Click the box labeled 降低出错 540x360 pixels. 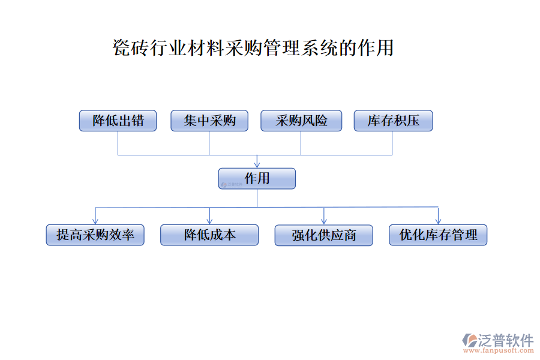pos(118,121)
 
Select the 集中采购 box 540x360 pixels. pos(209,121)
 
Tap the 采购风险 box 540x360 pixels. pos(301,121)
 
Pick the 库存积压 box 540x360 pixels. pos(393,121)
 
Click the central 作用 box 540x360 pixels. pos(257,178)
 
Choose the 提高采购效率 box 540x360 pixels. pos(95,235)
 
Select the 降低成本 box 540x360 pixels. pos(209,235)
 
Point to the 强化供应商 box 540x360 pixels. pos(324,235)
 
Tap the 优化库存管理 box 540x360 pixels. pos(438,235)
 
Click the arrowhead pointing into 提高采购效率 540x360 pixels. pos(95,221)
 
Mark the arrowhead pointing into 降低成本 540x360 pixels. pos(209,221)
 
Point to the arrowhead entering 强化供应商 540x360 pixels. pos(324,221)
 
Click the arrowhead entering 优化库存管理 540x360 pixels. pos(438,221)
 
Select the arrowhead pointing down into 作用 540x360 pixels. pos(257,164)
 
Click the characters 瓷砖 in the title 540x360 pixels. pos(131,47)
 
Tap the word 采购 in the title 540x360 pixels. pos(244,47)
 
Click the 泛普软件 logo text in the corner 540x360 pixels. pos(505,340)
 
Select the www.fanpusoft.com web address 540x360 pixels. pos(499,350)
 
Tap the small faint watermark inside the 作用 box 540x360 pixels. pos(232,185)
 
